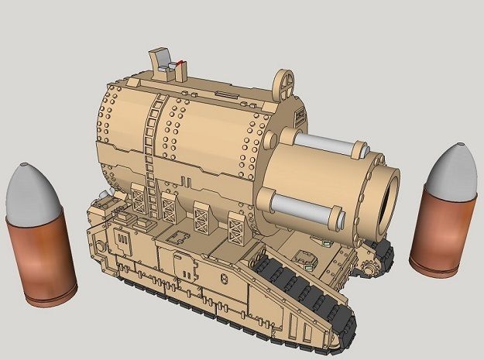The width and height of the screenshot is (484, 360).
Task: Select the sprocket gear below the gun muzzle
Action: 369,263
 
